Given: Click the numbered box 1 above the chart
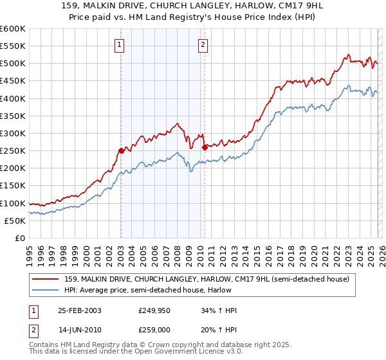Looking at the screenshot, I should pyautogui.click(x=120, y=44).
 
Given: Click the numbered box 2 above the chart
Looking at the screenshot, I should pyautogui.click(x=203, y=44).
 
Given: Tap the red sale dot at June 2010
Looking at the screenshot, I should pyautogui.click(x=205, y=147).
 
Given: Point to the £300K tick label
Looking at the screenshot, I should pyautogui.click(x=13, y=133).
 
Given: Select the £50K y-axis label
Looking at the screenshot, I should pyautogui.click(x=15, y=221).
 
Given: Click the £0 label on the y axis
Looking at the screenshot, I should pyautogui.click(x=19, y=238).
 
